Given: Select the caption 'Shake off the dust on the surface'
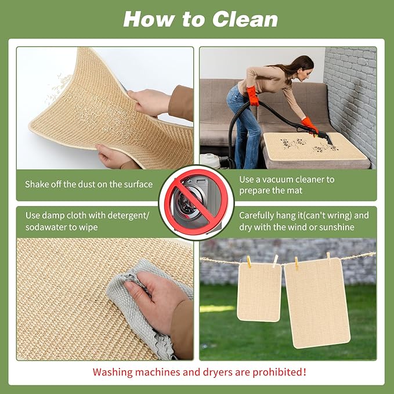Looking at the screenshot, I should [89, 185].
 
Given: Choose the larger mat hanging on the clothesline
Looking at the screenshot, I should [316, 302].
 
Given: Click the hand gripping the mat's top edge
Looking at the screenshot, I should [148, 102].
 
